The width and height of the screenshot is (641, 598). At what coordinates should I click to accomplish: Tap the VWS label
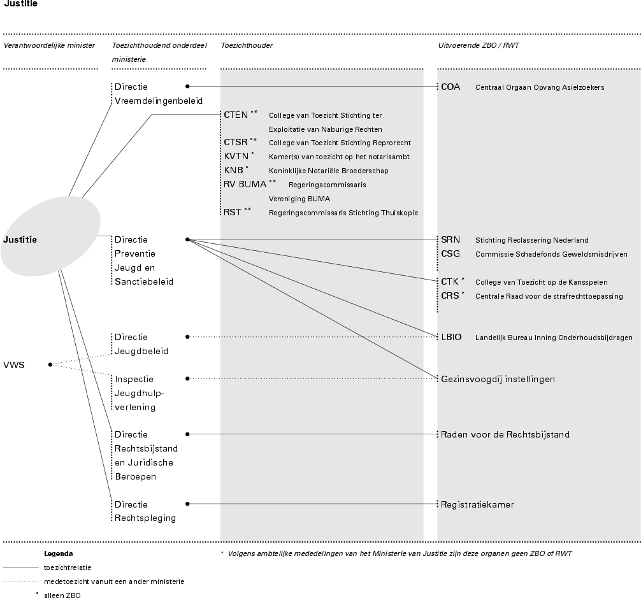14,366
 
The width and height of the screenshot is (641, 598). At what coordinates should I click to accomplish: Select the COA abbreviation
450,87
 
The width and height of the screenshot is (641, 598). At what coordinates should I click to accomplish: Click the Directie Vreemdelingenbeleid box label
158,94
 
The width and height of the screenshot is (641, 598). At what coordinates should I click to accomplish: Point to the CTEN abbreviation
236,115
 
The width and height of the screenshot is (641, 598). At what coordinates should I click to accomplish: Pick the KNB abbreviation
233,170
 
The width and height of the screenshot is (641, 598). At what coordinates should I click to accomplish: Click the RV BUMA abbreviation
245,184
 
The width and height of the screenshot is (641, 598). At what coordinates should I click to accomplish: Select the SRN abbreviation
450,240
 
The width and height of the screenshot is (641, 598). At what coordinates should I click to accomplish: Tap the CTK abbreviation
450,281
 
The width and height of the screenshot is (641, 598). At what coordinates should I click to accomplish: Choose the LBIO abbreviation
451,338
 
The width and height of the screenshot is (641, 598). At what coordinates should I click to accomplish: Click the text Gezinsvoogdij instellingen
498,379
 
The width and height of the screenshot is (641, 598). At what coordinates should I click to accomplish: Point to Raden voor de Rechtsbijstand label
505,434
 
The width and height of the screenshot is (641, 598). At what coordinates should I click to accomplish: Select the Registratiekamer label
477,504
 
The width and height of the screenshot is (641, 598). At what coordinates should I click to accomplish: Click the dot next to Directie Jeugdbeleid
187,337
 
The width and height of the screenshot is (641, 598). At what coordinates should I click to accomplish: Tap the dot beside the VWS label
50,365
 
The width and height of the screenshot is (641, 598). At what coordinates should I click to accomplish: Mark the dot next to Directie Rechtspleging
187,504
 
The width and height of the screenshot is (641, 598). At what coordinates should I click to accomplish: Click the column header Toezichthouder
247,45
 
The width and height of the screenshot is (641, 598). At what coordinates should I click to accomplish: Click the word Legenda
59,553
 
